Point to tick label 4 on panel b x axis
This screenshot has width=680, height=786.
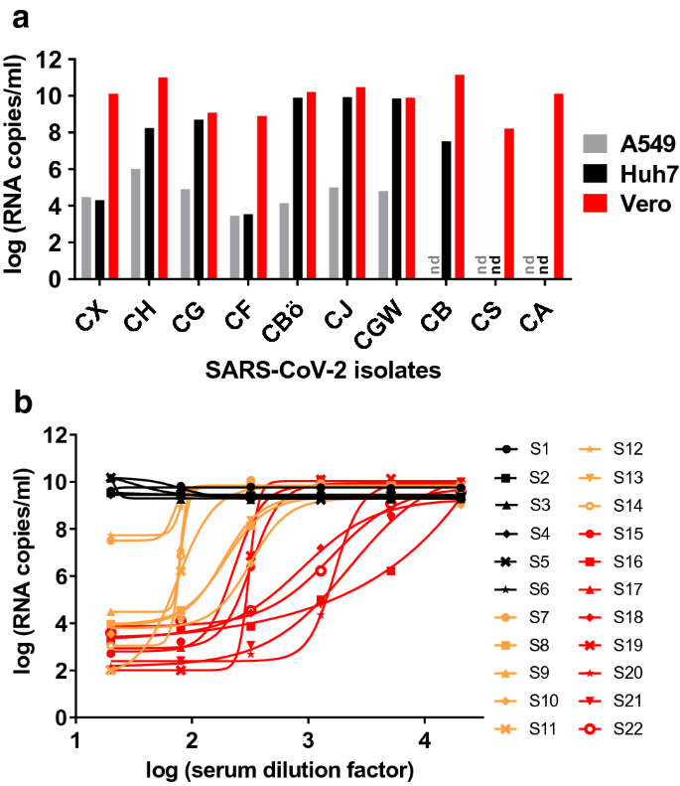[424, 741]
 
